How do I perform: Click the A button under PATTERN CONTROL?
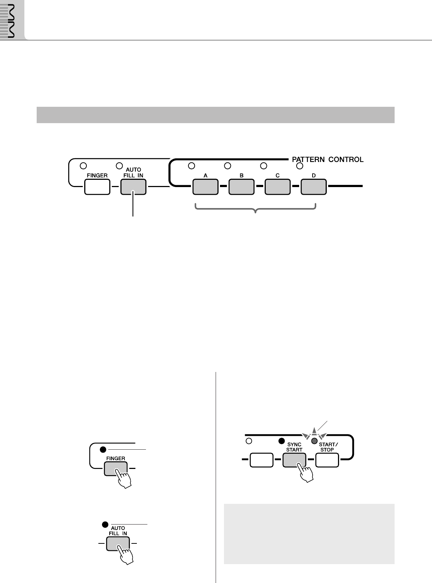(205, 187)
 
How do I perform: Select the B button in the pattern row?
(241, 187)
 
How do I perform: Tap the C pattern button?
(277, 187)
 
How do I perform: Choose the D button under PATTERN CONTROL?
(314, 187)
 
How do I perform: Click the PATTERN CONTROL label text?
(328, 159)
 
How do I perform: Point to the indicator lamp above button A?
(192, 166)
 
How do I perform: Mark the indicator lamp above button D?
(299, 166)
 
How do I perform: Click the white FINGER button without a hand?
(97, 187)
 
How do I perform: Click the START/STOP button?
(327, 460)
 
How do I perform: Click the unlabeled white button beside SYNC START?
(261, 460)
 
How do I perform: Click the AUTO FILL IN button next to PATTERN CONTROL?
(133, 187)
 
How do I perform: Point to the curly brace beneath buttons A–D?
(256, 209)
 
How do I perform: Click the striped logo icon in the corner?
(12, 20)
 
